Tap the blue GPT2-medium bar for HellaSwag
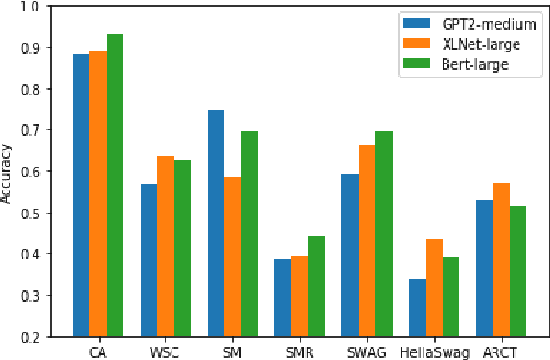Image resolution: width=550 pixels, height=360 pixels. (417, 307)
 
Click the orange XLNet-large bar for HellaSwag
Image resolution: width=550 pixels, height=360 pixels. (434, 287)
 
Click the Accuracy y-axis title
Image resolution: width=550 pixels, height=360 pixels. (9, 171)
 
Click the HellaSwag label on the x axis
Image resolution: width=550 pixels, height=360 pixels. (434, 351)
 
